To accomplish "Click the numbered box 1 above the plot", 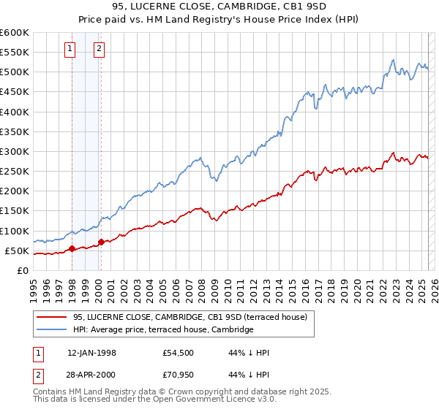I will pos(70,50).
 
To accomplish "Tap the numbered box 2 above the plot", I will pos(99,50).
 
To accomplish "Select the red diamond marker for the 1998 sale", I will pos(72,248).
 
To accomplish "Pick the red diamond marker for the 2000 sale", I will pos(101,242).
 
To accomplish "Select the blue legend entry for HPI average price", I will pos(162,329).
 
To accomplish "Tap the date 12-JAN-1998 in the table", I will pos(91,353).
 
